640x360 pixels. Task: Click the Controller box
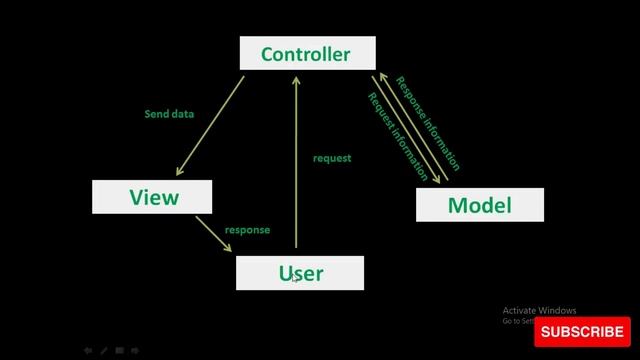tap(307, 54)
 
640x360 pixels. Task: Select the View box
tap(152, 197)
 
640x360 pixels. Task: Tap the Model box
tap(480, 205)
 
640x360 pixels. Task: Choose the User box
tap(300, 272)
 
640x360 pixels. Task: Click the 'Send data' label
tap(169, 114)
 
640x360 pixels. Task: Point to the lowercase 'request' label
tap(332, 158)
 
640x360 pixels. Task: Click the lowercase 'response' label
tap(247, 230)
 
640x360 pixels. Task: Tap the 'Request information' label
tap(398, 136)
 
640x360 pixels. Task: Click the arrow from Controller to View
tap(210, 124)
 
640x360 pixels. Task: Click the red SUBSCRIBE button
tap(582, 331)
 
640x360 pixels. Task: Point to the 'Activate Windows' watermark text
tap(540, 310)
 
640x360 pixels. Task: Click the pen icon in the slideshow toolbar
tap(104, 351)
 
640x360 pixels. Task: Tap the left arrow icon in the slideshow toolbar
tap(88, 351)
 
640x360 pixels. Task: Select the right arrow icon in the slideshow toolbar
tap(135, 351)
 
